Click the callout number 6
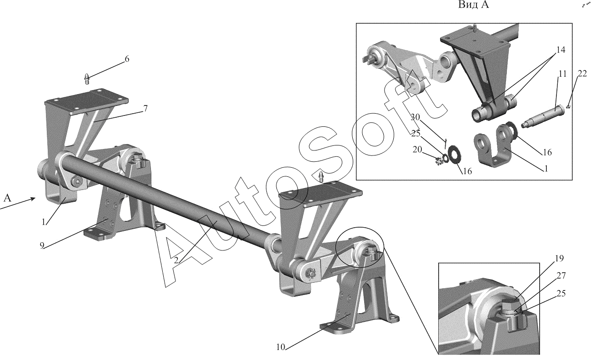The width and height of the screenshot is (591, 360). pos(127,59)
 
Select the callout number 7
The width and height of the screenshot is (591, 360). pos(145,108)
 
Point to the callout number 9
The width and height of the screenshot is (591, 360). pos(42,245)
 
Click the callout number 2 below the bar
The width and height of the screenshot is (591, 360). pos(176,260)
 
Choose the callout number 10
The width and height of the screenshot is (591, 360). pos(281,347)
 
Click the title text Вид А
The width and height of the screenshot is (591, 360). pos(473,5)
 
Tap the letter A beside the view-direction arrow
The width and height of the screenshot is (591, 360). pos(7,198)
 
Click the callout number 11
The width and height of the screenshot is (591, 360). pos(563,74)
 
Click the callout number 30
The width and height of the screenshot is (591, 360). pos(415,117)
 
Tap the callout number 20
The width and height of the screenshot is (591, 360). pos(417,150)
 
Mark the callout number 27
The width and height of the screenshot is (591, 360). pos(561,275)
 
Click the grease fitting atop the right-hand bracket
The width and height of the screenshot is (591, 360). pos(321,176)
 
